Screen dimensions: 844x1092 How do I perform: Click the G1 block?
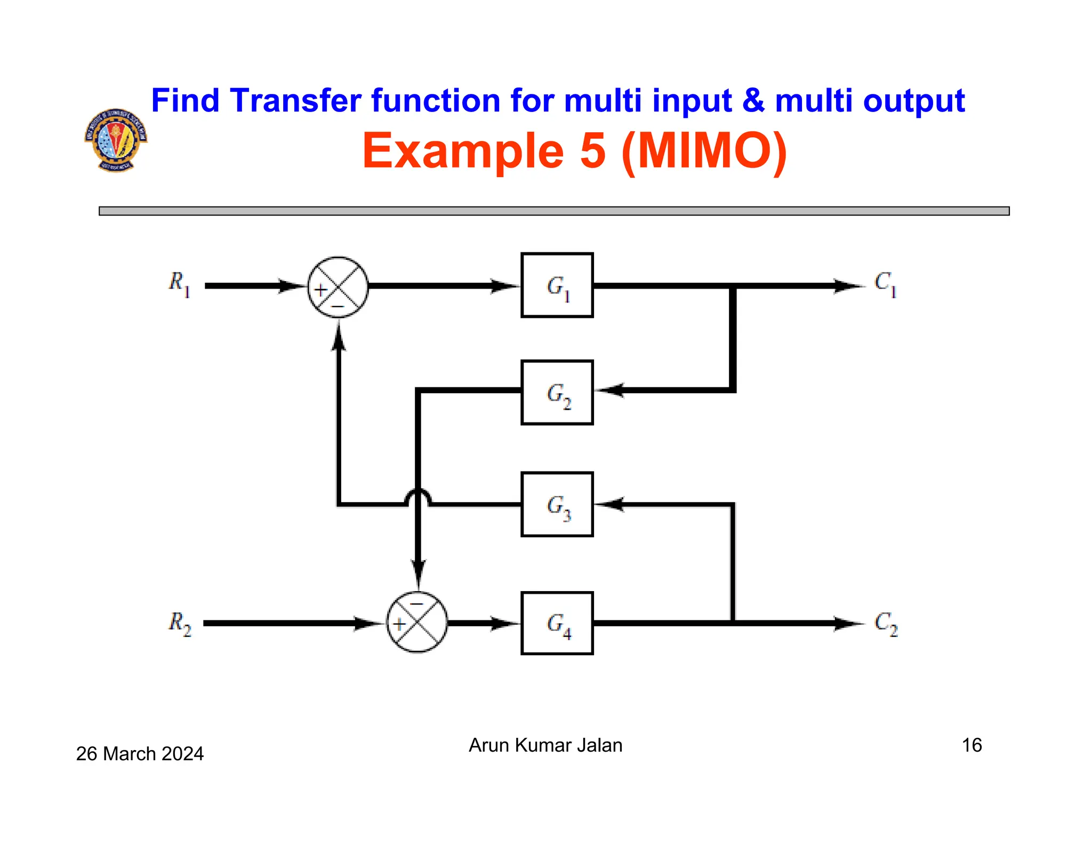click(x=557, y=285)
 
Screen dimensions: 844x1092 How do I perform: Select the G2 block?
click(x=557, y=393)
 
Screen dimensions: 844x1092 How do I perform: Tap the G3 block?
click(x=557, y=504)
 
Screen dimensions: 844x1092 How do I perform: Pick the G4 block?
click(x=557, y=623)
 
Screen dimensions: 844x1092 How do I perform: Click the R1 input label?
click(x=179, y=283)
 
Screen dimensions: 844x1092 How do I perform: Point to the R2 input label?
click(x=179, y=623)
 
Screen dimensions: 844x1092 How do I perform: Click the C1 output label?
click(x=885, y=283)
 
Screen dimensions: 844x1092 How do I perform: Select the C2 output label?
click(x=886, y=623)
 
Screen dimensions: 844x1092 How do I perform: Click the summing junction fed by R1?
click(x=338, y=287)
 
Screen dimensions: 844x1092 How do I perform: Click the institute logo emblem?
click(x=116, y=140)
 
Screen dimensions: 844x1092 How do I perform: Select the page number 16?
click(x=971, y=745)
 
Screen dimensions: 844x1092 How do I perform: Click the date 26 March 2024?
click(x=140, y=753)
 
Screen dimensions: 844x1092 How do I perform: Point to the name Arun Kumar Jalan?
click(x=545, y=745)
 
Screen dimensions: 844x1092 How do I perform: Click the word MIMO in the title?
click(x=704, y=151)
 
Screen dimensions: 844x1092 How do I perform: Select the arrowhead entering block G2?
click(x=608, y=390)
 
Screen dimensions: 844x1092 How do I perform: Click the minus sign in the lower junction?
click(x=416, y=604)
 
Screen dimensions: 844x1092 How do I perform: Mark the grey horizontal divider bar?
click(x=553, y=211)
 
